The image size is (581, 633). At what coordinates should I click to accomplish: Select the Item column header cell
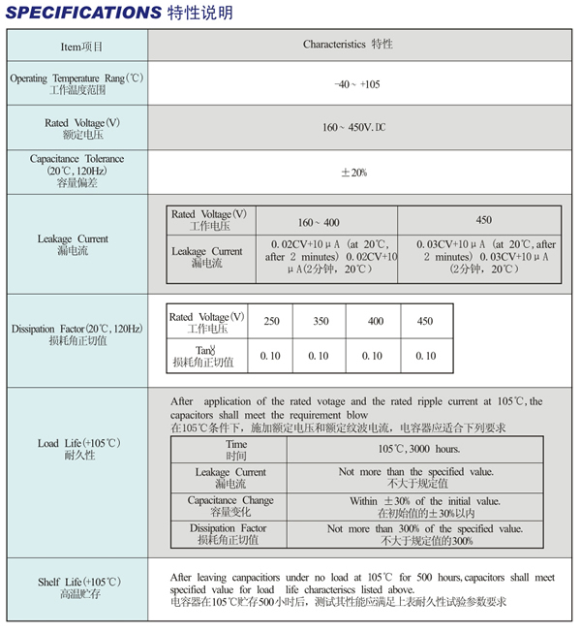click(76, 46)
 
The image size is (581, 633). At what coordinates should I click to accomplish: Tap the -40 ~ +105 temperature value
click(356, 85)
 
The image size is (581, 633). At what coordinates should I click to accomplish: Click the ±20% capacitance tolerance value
click(353, 172)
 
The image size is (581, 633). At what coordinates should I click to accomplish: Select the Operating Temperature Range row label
click(76, 83)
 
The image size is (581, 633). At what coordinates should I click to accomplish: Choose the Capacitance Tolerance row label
click(76, 171)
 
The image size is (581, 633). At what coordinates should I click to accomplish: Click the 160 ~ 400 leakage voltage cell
click(317, 221)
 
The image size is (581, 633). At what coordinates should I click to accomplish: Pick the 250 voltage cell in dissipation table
click(270, 322)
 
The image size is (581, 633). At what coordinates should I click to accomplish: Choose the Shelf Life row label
click(76, 587)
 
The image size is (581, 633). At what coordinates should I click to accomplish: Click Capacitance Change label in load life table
click(230, 506)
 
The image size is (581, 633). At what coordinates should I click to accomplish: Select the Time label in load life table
click(235, 450)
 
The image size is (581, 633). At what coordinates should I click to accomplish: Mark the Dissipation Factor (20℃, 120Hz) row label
click(76, 334)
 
